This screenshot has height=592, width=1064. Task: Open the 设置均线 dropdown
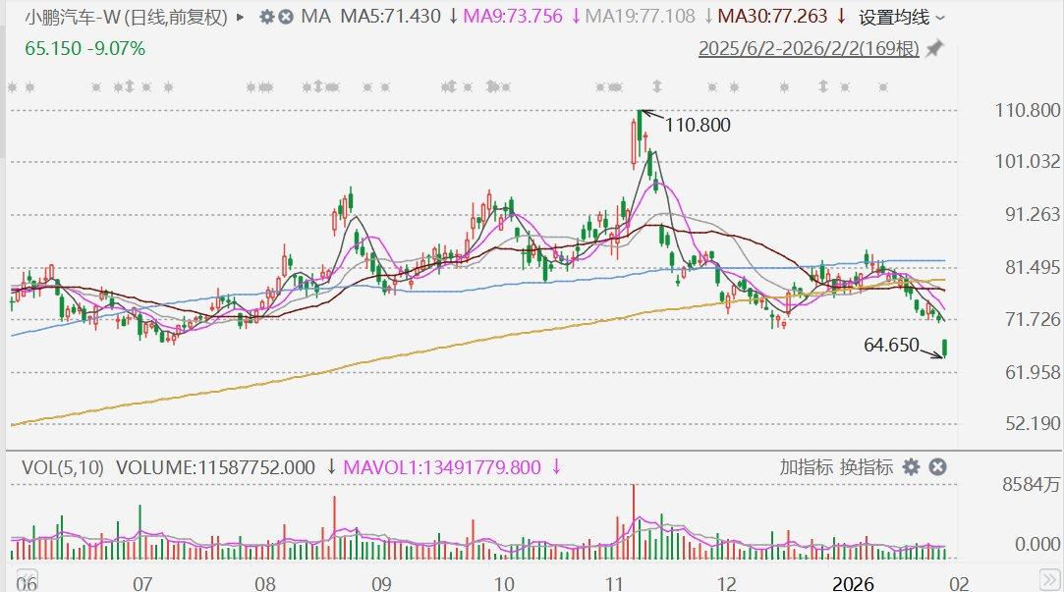click(x=902, y=17)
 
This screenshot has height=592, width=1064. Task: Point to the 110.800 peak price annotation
click(x=698, y=125)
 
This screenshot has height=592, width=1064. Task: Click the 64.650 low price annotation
click(x=891, y=345)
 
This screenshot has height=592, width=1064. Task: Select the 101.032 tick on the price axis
click(x=1027, y=161)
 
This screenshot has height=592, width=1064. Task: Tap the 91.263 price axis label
click(x=1027, y=214)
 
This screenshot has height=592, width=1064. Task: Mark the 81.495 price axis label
click(x=1027, y=267)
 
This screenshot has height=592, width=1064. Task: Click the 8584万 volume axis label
click(x=1029, y=484)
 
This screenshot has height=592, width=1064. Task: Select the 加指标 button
click(x=807, y=467)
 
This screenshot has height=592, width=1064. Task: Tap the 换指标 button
click(x=865, y=467)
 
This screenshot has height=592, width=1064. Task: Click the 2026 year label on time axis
click(x=853, y=583)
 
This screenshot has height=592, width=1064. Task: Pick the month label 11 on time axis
click(x=616, y=583)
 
